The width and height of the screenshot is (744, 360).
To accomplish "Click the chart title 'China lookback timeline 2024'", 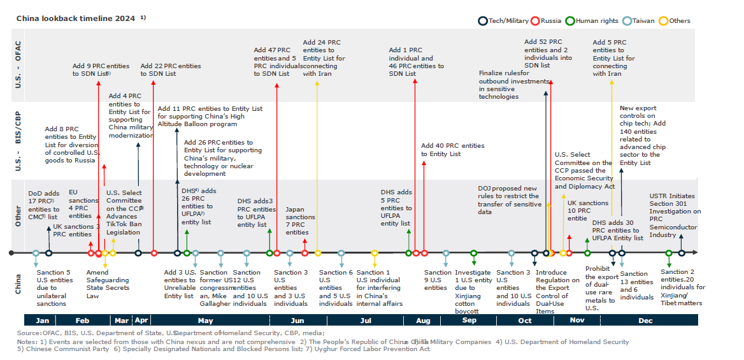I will tap(75, 18).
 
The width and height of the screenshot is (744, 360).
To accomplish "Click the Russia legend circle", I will tap(536, 21).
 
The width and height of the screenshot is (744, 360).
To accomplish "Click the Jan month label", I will tap(43, 320).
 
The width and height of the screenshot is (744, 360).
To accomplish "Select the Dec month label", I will tap(645, 320).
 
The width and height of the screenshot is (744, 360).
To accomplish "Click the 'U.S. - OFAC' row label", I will tap(18, 66).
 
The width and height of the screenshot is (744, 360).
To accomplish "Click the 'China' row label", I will tap(18, 285).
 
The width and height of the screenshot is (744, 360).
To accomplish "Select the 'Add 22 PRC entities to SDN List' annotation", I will tap(170, 69).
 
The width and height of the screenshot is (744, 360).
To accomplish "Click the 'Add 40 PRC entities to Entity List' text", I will tap(452, 150).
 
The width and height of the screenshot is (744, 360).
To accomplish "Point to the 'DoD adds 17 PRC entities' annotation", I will tap(43, 205).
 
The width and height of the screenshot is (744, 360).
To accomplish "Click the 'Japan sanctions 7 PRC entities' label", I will tap(300, 220).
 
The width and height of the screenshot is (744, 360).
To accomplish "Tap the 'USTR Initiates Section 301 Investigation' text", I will tap(675, 215).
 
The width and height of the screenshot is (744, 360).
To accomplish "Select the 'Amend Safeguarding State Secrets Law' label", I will tap(107, 284).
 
